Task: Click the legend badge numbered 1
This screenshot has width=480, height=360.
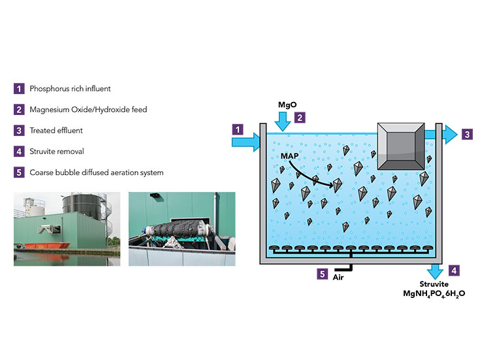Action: pos(19,88)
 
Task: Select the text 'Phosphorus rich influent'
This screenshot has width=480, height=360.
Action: pos(71,88)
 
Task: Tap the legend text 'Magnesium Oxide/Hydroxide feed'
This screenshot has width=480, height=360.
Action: pos(88,109)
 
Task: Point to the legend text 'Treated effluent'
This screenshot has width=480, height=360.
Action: pos(56,131)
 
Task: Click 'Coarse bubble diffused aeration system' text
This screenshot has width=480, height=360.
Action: pos(97,172)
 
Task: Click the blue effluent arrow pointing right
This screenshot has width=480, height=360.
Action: pos(443,134)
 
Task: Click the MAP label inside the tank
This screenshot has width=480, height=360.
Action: pos(291,157)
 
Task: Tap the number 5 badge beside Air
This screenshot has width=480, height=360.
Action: pos(323,274)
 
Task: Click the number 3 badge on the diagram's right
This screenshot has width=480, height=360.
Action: pos(467,135)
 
